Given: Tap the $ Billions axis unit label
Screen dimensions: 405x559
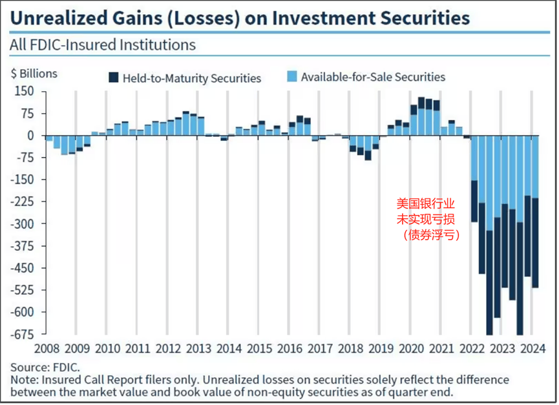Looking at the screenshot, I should point(34,74).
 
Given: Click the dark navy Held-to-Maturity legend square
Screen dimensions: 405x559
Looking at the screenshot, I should point(113,78).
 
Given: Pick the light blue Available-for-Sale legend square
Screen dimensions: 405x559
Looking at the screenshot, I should point(291,77).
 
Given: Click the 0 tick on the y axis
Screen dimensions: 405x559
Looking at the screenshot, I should point(30,136).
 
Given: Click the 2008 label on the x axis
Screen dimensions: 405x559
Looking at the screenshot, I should point(46,349).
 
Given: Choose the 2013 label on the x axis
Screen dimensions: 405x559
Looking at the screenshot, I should point(198,349).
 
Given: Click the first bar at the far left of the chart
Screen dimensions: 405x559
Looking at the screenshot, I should point(48,138).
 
